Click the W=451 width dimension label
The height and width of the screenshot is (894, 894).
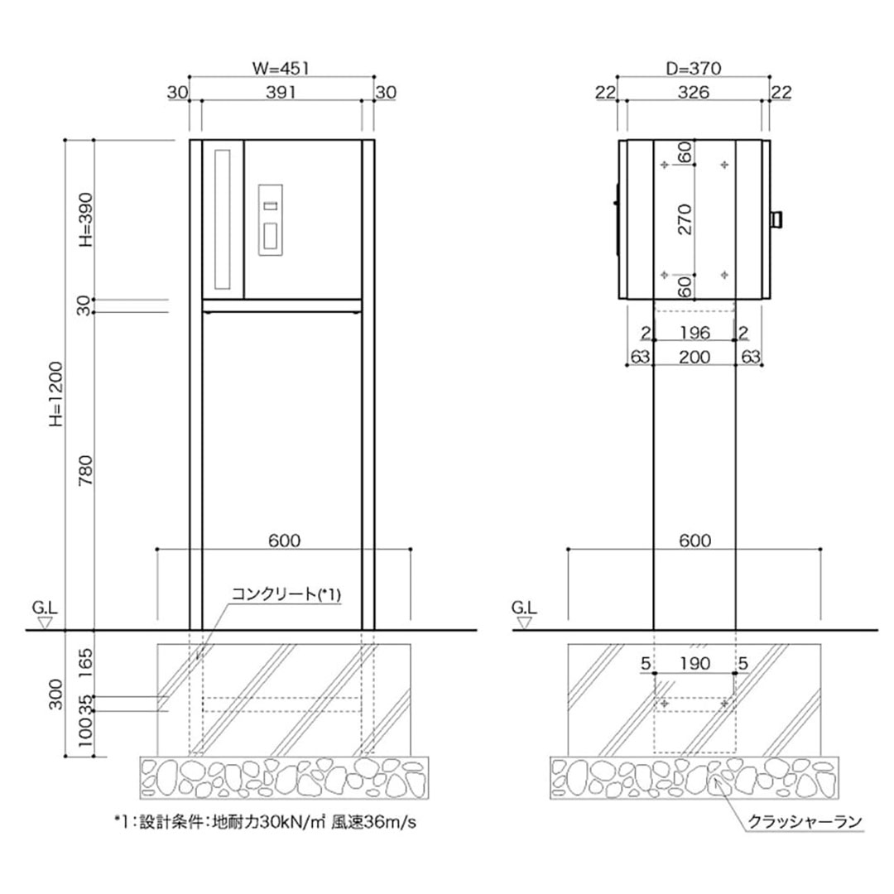pos(282,70)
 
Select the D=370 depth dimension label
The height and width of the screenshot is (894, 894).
pos(694,70)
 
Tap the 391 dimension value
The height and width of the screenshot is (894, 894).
pos(281,93)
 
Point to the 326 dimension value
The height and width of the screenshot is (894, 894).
pos(694,93)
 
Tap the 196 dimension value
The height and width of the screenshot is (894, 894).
pos(694,333)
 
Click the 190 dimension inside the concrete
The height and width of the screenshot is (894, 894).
pos(694,663)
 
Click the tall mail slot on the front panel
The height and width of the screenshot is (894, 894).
pos(222,219)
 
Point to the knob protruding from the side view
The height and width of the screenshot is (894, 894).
pos(776,219)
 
